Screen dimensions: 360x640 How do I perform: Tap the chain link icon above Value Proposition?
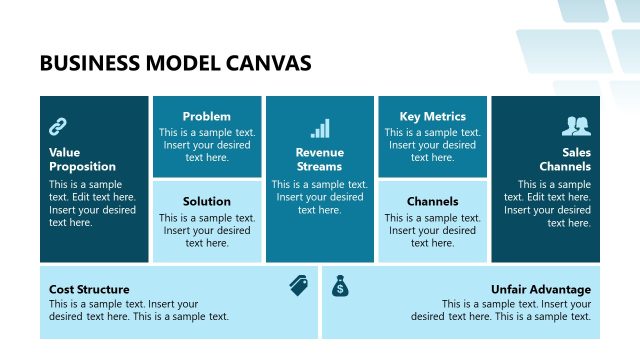point(58,126)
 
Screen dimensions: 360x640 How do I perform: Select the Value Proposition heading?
point(82,159)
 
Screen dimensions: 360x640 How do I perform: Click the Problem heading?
point(207,116)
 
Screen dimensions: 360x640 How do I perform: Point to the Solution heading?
point(207,201)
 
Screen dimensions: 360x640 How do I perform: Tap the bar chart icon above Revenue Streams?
point(320,128)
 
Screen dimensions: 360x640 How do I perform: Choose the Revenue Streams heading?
point(320,159)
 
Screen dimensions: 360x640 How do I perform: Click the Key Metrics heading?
point(433,116)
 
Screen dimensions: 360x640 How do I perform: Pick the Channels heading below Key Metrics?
point(433,201)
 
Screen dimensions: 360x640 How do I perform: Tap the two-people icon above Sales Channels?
point(576,126)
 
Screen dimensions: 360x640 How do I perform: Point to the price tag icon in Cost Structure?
point(298,286)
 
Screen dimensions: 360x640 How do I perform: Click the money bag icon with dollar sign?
point(341,286)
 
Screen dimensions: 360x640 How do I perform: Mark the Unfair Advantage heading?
point(541,289)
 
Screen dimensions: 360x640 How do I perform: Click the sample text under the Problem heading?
point(207,144)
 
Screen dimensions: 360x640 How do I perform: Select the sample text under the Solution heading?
point(207,230)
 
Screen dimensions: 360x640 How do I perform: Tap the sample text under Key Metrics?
point(433,144)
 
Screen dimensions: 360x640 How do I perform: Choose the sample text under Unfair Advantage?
point(501,310)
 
